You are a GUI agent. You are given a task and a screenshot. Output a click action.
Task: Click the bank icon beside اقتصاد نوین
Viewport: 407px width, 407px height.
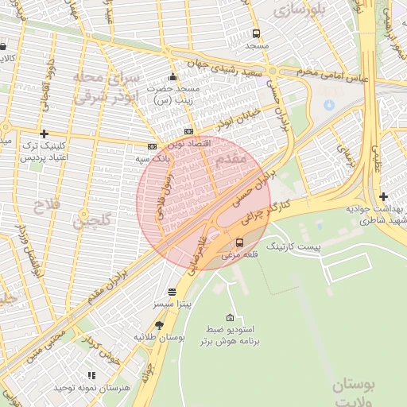(x=188, y=131)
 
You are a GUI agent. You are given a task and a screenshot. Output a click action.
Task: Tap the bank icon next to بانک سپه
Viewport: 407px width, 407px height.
(x=152, y=146)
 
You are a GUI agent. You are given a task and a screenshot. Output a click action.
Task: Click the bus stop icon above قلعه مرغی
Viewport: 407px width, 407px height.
(x=239, y=242)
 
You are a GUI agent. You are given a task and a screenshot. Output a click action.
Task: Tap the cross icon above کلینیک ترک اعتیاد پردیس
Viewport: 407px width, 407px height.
(x=44, y=134)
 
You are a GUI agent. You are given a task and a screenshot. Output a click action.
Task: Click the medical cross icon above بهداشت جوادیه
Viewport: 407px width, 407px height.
(x=384, y=196)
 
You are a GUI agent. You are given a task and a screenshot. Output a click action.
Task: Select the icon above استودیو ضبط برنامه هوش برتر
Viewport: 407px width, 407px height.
(x=231, y=317)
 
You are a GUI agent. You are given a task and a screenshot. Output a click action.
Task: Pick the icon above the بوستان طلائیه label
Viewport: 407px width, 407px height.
(x=160, y=325)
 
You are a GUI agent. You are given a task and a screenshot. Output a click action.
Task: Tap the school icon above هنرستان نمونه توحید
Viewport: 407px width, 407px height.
(x=91, y=374)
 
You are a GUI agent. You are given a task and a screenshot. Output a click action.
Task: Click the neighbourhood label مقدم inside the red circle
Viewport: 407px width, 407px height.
(x=230, y=160)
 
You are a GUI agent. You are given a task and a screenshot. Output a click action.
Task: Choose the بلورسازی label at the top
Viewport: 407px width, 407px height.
(x=297, y=10)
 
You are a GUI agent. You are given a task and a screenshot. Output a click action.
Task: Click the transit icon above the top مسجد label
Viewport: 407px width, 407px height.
(x=256, y=34)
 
